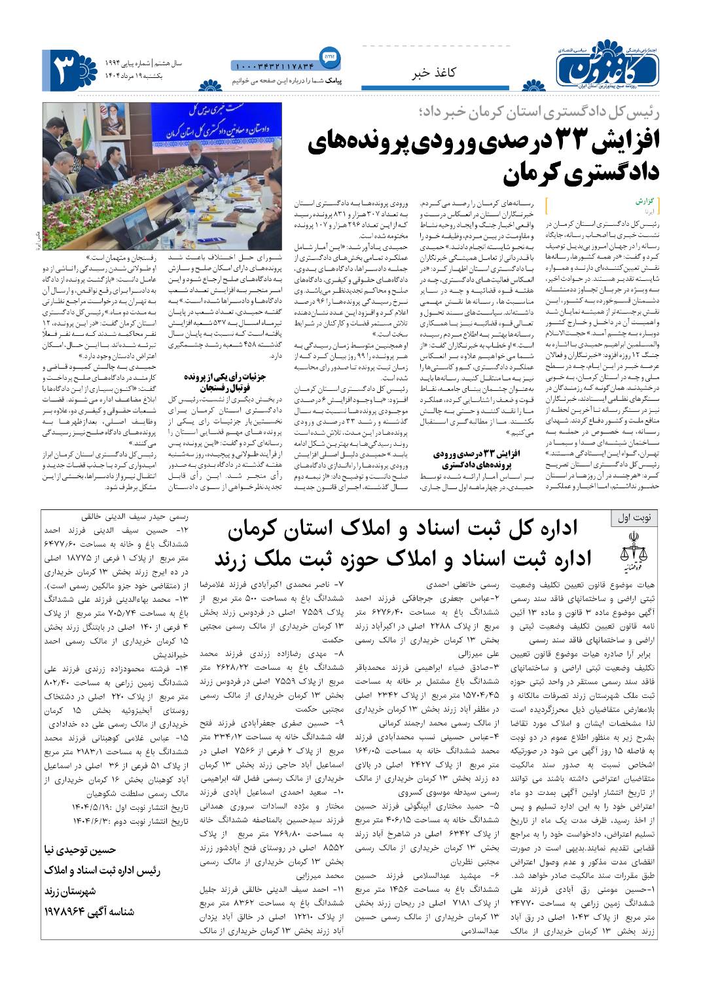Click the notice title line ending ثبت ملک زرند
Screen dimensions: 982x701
[x=403, y=558]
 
